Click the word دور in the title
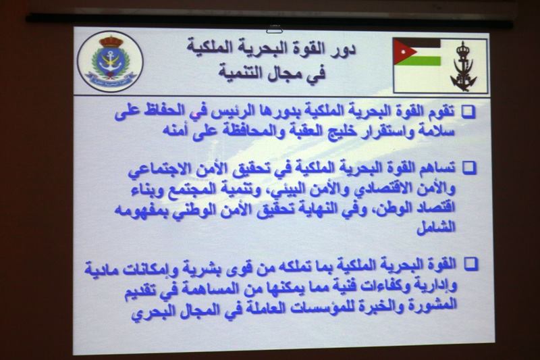pyautogui.click(x=341, y=49)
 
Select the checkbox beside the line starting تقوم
pyautogui.click(x=468, y=112)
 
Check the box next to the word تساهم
pyautogui.click(x=469, y=168)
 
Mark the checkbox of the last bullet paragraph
pyautogui.click(x=471, y=264)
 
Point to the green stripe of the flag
pyautogui.click(x=421, y=61)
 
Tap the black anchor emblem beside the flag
pyautogui.click(x=464, y=66)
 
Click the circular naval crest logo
pyautogui.click(x=110, y=61)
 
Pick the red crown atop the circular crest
pyautogui.click(x=111, y=41)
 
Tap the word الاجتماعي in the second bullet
pyautogui.click(x=160, y=170)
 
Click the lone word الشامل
pyautogui.click(x=436, y=227)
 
